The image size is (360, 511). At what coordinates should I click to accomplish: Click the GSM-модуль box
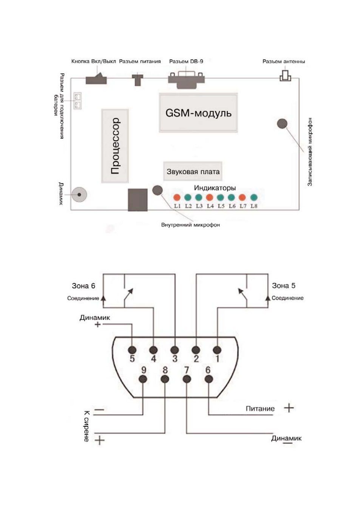pyautogui.click(x=198, y=113)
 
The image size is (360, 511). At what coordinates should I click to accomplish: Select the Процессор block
pyautogui.click(x=115, y=146)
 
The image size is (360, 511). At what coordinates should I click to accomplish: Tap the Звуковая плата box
pyautogui.click(x=193, y=171)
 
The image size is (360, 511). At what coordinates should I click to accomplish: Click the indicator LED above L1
pyautogui.click(x=177, y=197)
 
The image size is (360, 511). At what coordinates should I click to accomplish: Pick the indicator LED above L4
pyautogui.click(x=210, y=197)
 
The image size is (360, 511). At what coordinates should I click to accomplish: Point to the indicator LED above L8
pyautogui.click(x=254, y=197)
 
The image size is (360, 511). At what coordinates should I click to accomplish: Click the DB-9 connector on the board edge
pyautogui.click(x=186, y=80)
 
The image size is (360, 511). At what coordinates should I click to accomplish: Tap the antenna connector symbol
pyautogui.click(x=286, y=76)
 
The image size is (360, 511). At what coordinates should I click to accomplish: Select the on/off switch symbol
pyautogui.click(x=96, y=79)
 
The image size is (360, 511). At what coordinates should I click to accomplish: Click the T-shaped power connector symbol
pyautogui.click(x=138, y=80)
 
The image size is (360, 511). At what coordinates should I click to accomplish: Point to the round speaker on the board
pyautogui.click(x=79, y=195)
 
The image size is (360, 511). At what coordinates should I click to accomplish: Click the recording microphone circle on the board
pyautogui.click(x=282, y=124)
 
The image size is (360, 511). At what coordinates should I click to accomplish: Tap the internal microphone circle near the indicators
pyautogui.click(x=157, y=190)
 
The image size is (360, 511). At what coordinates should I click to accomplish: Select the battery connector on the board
pyautogui.click(x=77, y=101)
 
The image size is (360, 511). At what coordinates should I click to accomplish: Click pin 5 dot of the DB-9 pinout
pyautogui.click(x=132, y=350)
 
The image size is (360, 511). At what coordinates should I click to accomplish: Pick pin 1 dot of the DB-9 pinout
pyautogui.click(x=217, y=350)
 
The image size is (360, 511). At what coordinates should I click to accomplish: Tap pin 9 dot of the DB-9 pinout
pyautogui.click(x=143, y=379)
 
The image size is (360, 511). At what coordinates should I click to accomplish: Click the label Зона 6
pyautogui.click(x=83, y=286)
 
